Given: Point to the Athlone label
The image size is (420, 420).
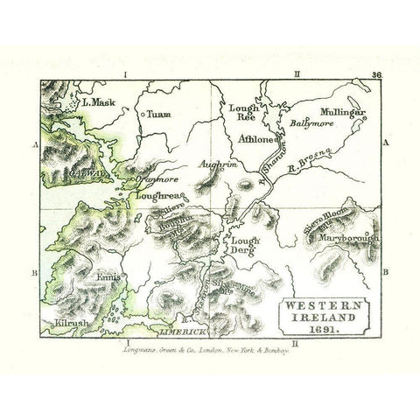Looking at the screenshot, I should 256,139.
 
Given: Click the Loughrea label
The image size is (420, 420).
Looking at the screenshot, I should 150,197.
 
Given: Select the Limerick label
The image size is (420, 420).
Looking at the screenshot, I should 181,334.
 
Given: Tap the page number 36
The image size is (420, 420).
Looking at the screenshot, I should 375,77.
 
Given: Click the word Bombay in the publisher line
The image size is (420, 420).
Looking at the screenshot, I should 287,348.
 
